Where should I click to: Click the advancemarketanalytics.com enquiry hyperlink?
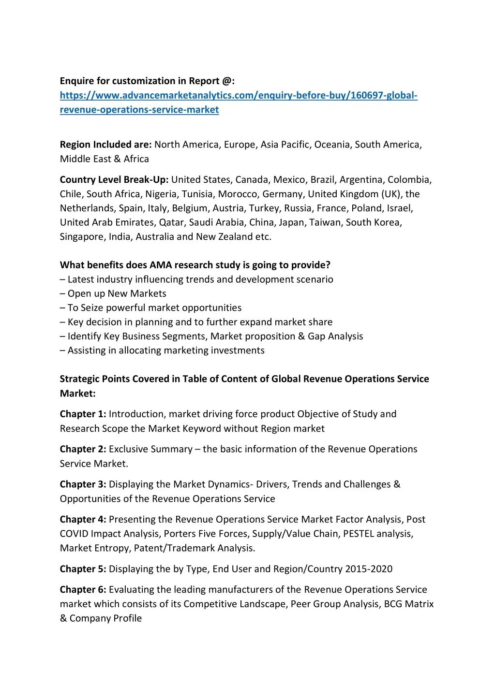point(238,96)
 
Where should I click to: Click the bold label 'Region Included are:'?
point(105,145)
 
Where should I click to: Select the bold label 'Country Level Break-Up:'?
point(114,180)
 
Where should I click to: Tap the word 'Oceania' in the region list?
point(332,145)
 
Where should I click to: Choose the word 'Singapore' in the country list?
point(81,237)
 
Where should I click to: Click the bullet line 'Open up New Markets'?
point(117,293)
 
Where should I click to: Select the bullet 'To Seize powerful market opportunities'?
point(154,308)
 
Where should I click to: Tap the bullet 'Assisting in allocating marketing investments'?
point(166,350)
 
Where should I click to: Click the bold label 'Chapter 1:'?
point(83,414)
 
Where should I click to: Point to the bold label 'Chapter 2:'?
point(83,450)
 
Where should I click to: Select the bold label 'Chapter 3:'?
point(83,484)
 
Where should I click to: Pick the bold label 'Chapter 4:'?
point(83,520)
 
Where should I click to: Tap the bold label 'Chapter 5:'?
point(83,569)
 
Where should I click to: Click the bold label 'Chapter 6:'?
point(83,590)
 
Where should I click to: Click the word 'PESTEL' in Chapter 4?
point(359,534)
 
